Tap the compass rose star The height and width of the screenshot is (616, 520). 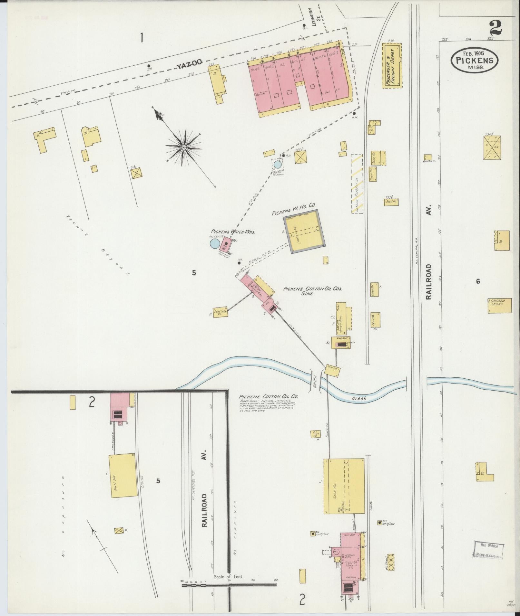(183, 147)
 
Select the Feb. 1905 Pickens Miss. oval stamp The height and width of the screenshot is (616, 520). (475, 60)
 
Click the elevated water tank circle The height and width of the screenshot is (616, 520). (277, 165)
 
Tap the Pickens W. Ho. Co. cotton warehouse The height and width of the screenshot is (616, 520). (305, 231)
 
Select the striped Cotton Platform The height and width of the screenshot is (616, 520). (357, 184)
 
